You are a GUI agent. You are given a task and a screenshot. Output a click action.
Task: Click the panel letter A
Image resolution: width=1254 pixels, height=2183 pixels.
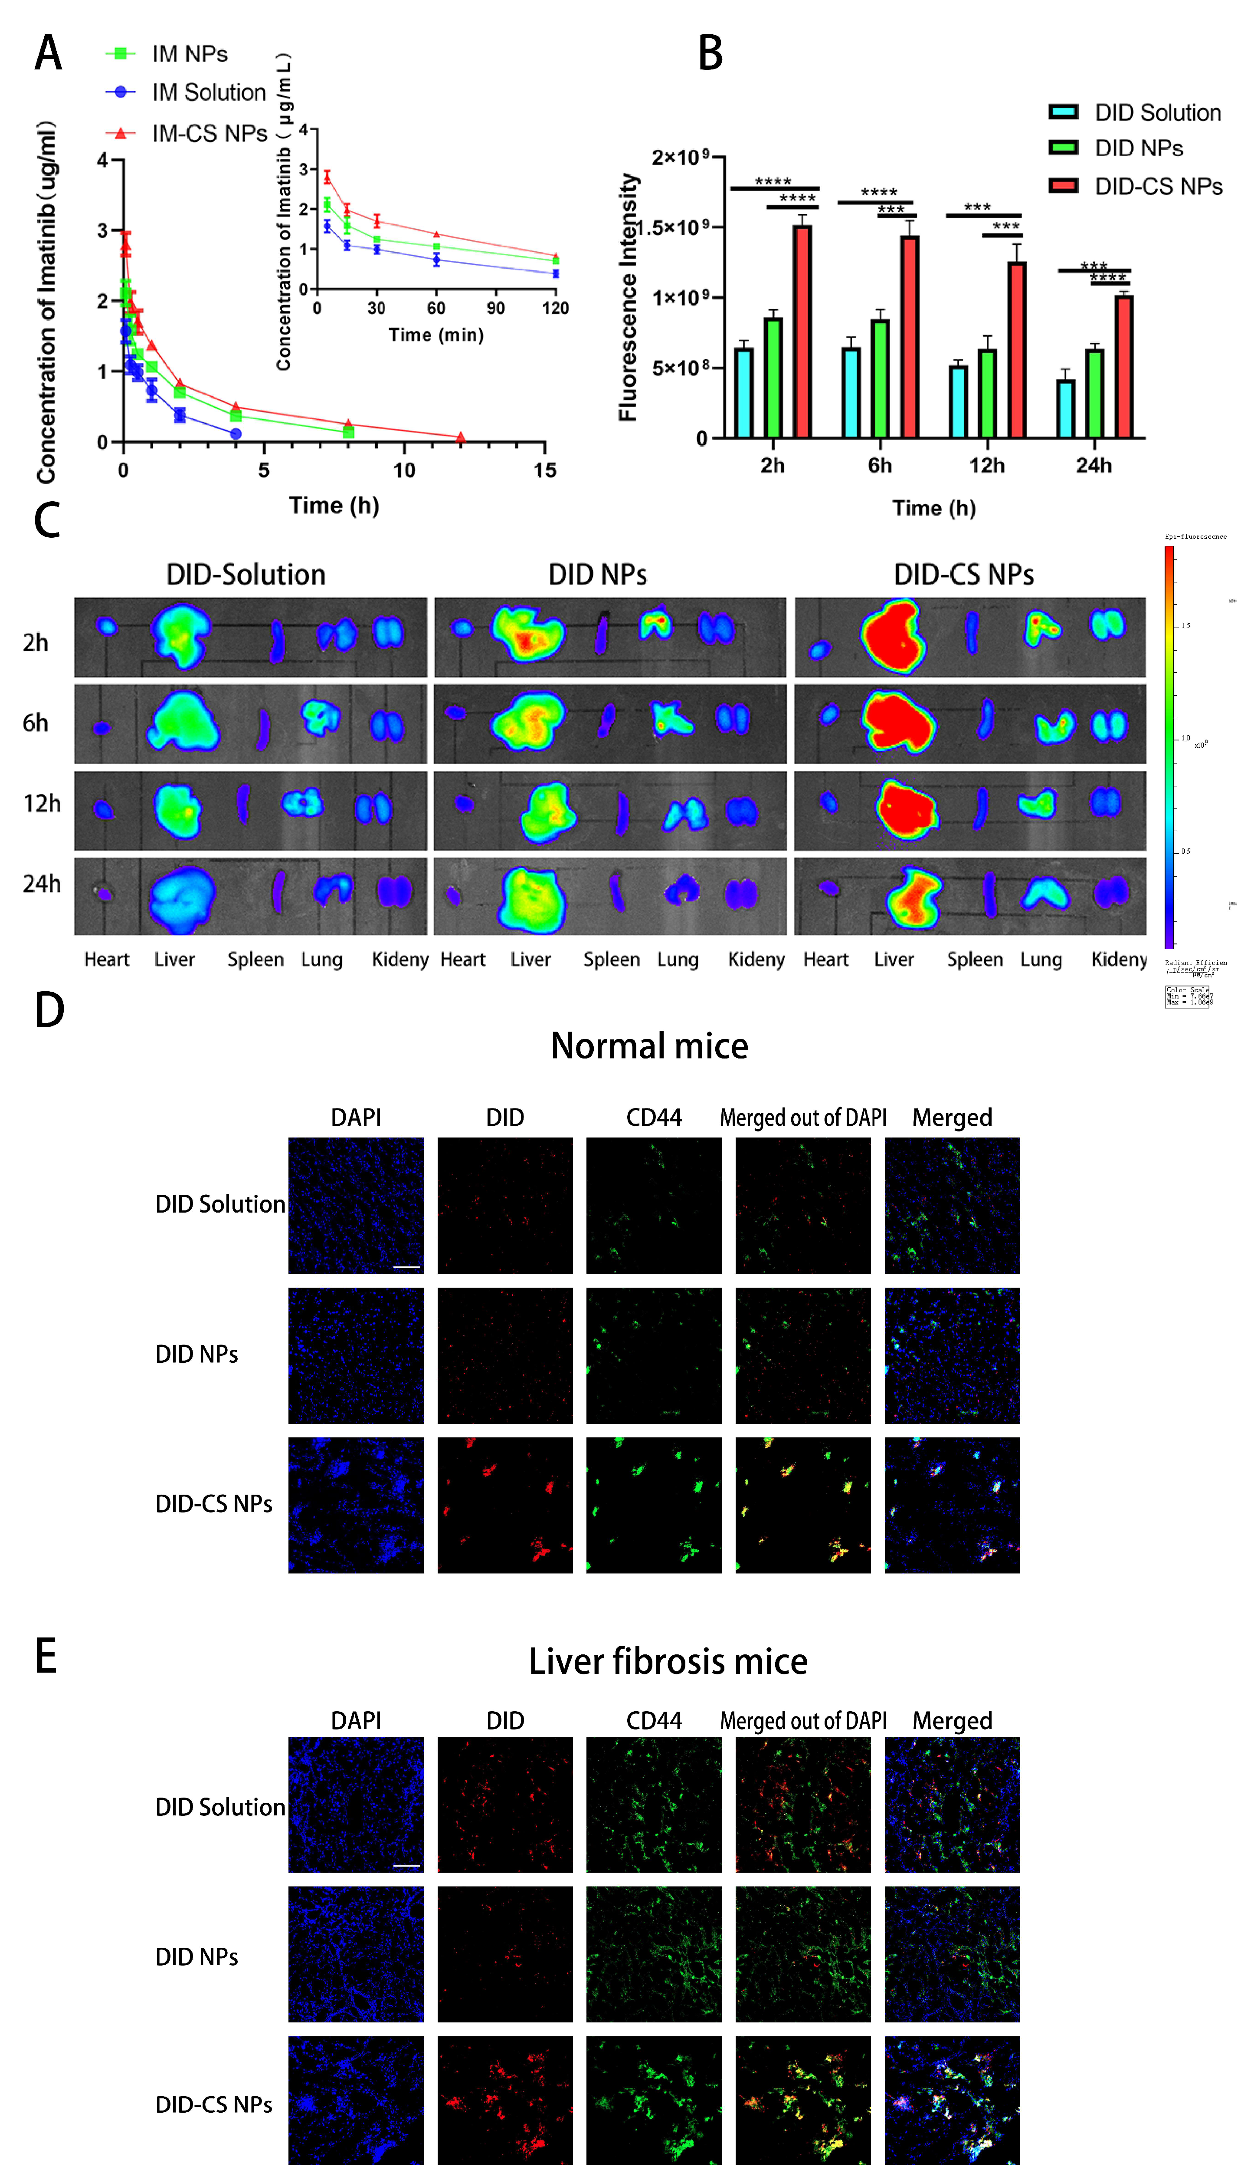point(48,53)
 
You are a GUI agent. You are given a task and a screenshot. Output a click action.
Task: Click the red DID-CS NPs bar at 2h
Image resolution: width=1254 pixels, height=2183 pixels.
point(802,332)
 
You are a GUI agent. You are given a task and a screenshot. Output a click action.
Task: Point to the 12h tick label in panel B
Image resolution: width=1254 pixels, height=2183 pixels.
point(987,465)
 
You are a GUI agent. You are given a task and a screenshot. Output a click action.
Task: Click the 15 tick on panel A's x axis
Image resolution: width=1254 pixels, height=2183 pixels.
point(544,470)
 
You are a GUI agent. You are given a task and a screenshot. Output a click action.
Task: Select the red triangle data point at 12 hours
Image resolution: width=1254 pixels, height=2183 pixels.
point(461,437)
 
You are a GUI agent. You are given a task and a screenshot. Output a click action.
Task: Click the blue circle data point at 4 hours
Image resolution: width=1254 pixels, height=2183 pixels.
point(236,433)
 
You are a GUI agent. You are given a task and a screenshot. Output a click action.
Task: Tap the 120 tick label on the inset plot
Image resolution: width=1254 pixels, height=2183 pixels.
point(556,308)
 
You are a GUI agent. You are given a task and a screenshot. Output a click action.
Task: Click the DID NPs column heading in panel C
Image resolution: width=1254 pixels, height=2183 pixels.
point(598,575)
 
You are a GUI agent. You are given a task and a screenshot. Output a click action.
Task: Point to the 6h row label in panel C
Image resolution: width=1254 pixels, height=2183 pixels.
point(35,723)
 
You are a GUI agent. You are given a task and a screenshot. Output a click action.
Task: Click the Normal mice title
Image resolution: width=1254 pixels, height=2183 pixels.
point(649,1046)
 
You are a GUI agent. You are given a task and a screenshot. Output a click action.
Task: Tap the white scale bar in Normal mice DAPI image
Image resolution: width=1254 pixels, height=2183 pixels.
point(406,1266)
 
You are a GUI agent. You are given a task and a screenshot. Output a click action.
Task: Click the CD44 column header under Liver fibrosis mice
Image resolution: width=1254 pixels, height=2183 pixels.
point(654,1720)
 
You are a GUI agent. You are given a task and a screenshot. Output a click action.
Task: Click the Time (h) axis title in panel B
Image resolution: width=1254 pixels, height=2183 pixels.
point(933,508)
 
